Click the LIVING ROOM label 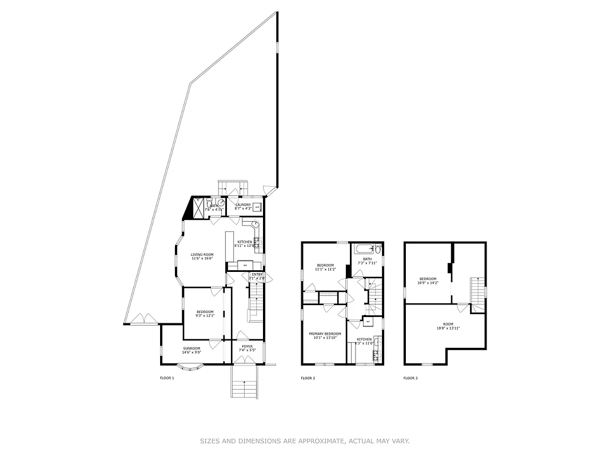[202, 254]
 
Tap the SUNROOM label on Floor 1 [192, 348]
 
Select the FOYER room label [247, 346]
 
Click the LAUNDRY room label [243, 205]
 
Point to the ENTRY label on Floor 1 [257, 274]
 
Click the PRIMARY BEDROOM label [325, 334]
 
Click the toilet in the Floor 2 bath [377, 249]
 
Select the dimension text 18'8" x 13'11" [448, 328]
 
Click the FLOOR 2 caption [308, 378]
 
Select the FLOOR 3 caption [410, 378]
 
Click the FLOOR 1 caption [166, 378]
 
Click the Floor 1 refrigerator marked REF [245, 265]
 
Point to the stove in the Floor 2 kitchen [376, 355]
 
